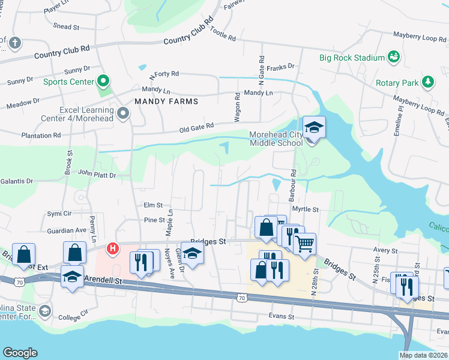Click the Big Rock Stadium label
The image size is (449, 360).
pos(352,58)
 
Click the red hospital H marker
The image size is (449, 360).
pos(112,248)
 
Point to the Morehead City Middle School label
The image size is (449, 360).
pos(277,139)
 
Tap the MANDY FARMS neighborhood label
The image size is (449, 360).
pos(166,101)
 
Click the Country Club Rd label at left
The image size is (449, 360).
pos(62,52)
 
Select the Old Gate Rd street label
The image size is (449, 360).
pos(196,127)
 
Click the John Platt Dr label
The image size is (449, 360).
pos(95,176)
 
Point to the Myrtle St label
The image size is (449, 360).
pos(304,209)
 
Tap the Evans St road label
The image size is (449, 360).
pos(282,316)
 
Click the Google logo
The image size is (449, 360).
pos(20,353)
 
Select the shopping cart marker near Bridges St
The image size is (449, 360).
pos(305,244)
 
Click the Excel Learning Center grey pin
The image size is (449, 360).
pos(124,113)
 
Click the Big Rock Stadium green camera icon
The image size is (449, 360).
pos(394,57)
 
